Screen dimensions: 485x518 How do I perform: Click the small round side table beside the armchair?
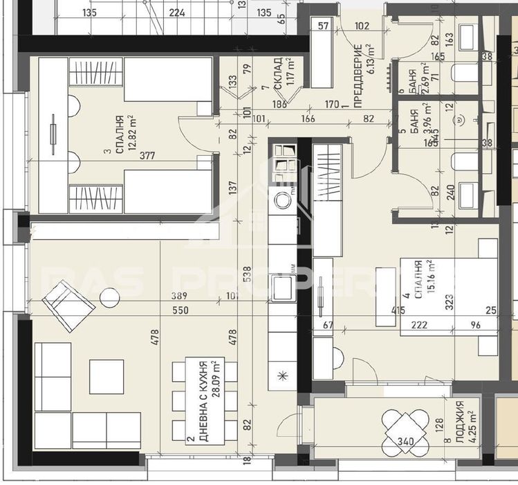click(x=109, y=299)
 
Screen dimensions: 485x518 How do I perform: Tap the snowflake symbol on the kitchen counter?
click(x=282, y=376)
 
